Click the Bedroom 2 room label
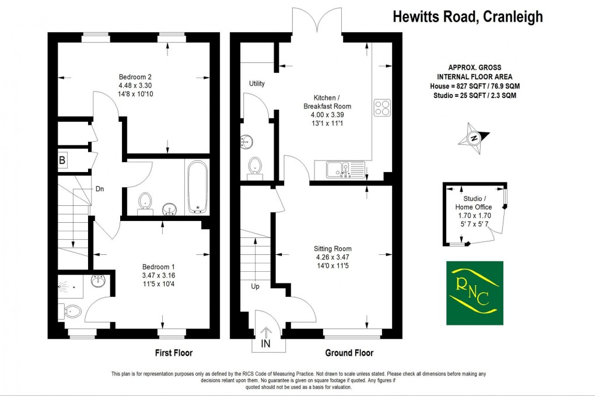[x=135, y=77]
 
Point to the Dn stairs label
[x=100, y=188]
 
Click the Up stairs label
[x=256, y=286]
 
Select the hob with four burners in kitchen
[x=381, y=108]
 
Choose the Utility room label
[x=257, y=83]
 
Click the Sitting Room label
[x=332, y=248]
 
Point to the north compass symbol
[x=474, y=138]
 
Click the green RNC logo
[x=474, y=293]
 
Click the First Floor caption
[x=173, y=353]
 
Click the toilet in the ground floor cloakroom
[x=255, y=166]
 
